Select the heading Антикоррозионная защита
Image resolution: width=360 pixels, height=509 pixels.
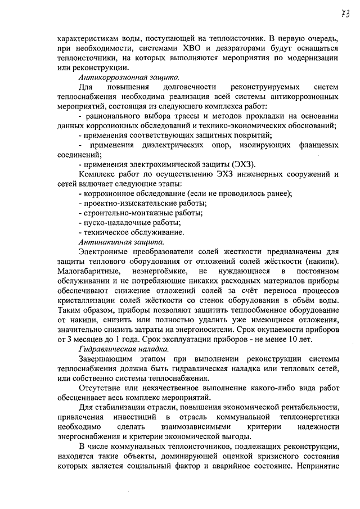[x=116, y=77]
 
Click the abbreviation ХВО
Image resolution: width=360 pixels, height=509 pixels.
[x=198, y=49]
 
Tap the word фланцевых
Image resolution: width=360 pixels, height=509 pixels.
[x=316, y=145]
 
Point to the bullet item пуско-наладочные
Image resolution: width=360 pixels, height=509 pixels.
[x=113, y=222]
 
